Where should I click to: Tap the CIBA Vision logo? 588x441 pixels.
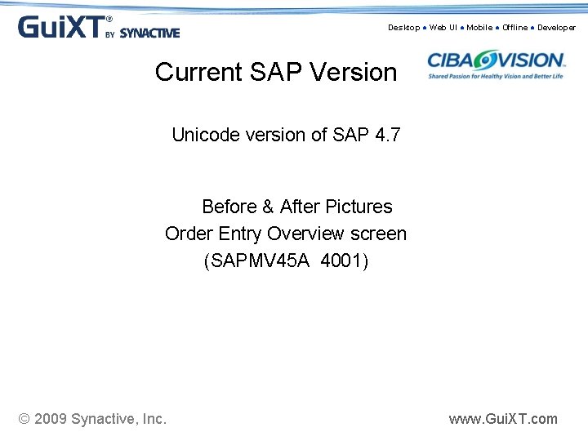point(497,65)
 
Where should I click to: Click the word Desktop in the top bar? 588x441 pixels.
point(403,28)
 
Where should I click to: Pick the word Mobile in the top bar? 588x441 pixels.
point(479,28)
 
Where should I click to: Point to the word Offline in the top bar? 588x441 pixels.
point(514,28)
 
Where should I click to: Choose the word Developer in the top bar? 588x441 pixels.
point(556,28)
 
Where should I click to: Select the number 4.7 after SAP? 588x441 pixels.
point(386,136)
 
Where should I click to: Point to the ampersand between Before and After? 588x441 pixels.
point(269,207)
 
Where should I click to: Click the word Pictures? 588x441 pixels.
point(359,207)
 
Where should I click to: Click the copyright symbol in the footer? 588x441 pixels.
point(24,419)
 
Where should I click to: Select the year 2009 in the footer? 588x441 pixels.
point(50,419)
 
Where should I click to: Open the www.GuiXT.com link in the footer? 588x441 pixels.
point(503,419)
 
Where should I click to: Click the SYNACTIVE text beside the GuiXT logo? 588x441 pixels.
point(149,33)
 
